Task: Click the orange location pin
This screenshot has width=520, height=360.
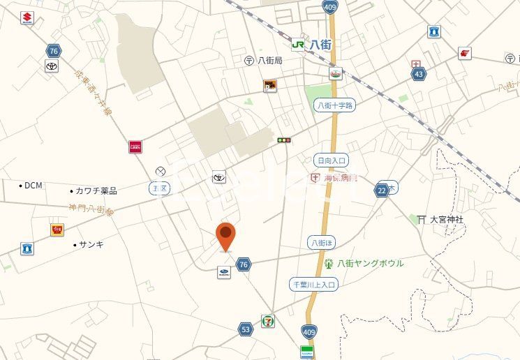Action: coord(225,236)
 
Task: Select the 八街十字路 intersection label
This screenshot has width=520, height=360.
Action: coord(334,105)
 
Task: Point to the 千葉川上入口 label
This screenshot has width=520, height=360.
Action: coord(314,284)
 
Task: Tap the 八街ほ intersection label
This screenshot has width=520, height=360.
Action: coord(321,242)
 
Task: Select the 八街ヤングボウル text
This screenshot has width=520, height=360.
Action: coord(370,263)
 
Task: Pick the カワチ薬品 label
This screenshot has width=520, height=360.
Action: coord(96,190)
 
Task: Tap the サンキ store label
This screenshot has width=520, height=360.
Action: coord(91,244)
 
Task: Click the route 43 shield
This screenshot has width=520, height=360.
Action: coord(418,73)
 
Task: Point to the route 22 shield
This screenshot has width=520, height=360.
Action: coord(381,190)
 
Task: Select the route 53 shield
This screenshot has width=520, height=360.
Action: coord(245,329)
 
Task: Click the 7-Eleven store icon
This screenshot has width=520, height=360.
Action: coord(269,321)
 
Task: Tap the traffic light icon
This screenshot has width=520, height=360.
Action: coord(283,140)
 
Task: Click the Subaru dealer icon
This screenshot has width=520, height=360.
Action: coord(223,273)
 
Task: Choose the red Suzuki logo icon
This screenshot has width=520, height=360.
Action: coord(27,18)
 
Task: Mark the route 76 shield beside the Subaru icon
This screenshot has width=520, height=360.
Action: coord(243,264)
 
